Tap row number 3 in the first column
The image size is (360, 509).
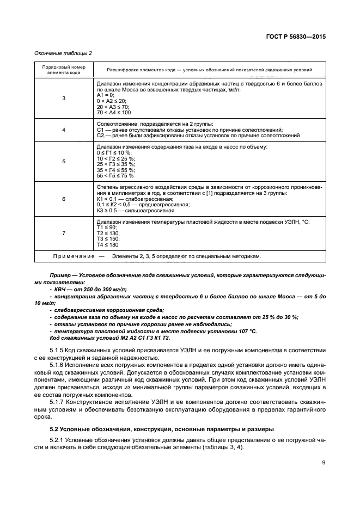[64, 98]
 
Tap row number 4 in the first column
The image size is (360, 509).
[64, 130]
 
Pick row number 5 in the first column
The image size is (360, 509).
[64, 162]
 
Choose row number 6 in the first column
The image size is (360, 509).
[64, 199]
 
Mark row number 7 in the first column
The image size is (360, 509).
[64, 233]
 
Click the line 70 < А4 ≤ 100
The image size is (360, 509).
[113, 113]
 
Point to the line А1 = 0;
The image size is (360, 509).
[105, 94]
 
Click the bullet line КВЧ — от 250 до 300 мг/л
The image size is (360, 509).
[88, 290]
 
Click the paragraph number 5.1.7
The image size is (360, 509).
[57, 401]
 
